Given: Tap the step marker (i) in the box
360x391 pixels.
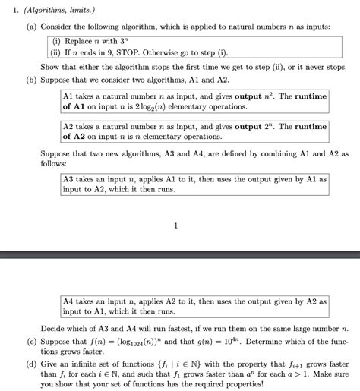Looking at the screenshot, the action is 58,40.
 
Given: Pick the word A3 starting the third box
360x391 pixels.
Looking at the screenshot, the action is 70,179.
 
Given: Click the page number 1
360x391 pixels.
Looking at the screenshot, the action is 175,225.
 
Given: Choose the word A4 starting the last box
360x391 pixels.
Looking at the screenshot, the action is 70,301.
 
